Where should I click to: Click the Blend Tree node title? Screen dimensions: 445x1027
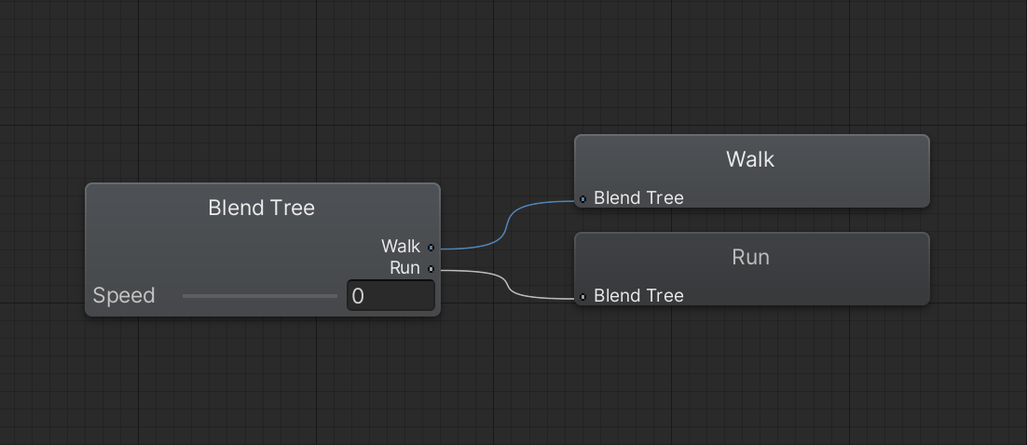pyautogui.click(x=261, y=208)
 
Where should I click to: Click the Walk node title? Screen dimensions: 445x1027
pyautogui.click(x=750, y=159)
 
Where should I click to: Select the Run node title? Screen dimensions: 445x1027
pyautogui.click(x=750, y=257)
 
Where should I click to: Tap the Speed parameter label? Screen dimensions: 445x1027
pyautogui.click(x=124, y=296)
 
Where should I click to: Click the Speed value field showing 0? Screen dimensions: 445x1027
pyautogui.click(x=390, y=296)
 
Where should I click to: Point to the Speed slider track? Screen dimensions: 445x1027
pyautogui.click(x=260, y=296)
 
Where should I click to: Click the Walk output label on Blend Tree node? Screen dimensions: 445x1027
pyautogui.click(x=401, y=247)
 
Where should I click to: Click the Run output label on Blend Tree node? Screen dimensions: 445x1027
pyautogui.click(x=404, y=268)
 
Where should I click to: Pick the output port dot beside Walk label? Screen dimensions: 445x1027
pyautogui.click(x=431, y=248)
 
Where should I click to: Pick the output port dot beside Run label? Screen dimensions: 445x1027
pyautogui.click(x=431, y=268)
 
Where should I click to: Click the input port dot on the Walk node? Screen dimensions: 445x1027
pyautogui.click(x=582, y=199)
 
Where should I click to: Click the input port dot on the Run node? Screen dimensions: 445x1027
pyautogui.click(x=582, y=297)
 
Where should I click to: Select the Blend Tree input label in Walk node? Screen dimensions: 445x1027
pyautogui.click(x=638, y=198)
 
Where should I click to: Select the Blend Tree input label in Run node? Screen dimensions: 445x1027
pyautogui.click(x=638, y=296)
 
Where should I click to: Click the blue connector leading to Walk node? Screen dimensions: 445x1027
pyautogui.click(x=508, y=223)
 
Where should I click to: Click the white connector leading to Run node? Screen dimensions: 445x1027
pyautogui.click(x=508, y=283)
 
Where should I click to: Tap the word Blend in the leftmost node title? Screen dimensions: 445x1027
pyautogui.click(x=236, y=208)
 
